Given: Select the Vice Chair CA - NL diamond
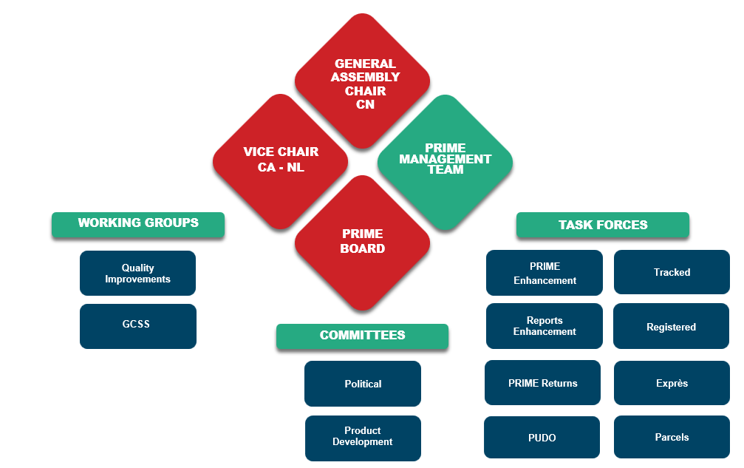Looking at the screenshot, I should [x=281, y=160].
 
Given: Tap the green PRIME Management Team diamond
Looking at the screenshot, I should [x=445, y=160].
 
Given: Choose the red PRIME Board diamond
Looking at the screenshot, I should [x=362, y=241].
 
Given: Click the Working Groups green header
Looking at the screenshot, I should [x=138, y=223].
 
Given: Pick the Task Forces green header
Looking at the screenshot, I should [x=602, y=225].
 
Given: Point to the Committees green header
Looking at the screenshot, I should [x=362, y=336].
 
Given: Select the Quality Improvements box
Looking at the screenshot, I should [x=137, y=274].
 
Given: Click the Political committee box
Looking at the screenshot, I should [x=362, y=384].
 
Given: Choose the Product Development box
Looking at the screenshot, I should [x=362, y=437].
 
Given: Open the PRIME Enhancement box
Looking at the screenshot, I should [x=545, y=273].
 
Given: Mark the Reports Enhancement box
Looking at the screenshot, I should [x=545, y=326].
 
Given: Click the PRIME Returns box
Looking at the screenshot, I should [x=542, y=383].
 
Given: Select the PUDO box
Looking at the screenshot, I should [x=542, y=438].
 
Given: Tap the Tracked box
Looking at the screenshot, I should [x=672, y=272].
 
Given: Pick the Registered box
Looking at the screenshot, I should [x=671, y=327].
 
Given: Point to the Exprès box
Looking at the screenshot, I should [x=672, y=383].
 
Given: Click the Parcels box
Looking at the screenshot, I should [x=672, y=438].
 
